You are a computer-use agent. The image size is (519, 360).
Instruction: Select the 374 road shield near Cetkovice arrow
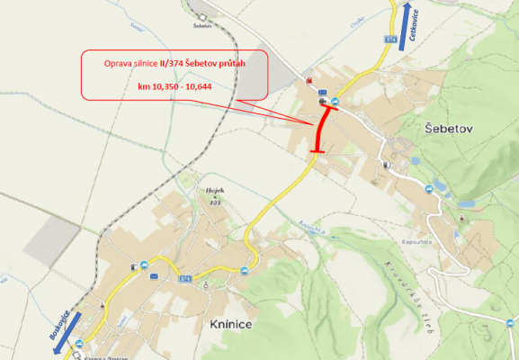coord(390,40)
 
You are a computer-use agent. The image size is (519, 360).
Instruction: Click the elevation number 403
coord(215,202)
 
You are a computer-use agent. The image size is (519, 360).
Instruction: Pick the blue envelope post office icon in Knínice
coord(155,275)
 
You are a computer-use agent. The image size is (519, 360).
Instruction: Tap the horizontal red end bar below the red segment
coord(316,153)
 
